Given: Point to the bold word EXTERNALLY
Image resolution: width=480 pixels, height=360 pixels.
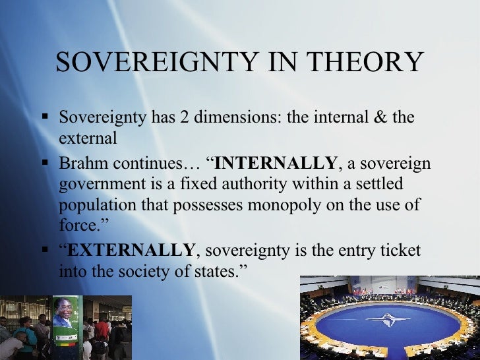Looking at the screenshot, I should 132,251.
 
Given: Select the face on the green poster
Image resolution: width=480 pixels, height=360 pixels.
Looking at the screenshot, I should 64,310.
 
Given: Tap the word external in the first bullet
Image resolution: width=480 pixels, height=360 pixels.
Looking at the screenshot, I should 87,139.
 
